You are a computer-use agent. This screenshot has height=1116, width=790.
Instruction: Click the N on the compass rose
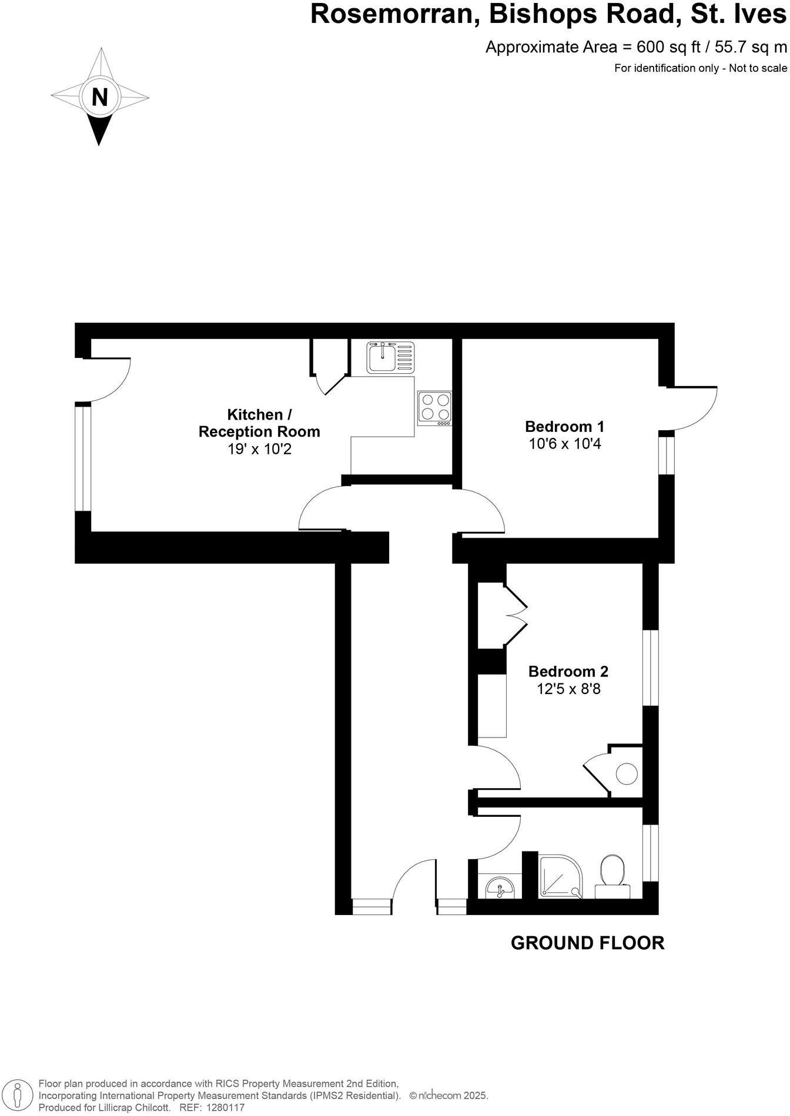100,97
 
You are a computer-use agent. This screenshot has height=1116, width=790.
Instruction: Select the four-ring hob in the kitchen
435,408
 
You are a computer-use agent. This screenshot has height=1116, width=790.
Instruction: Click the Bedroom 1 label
564,426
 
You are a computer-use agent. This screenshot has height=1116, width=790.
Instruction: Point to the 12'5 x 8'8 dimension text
568,688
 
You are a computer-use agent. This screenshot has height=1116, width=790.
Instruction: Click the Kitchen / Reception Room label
259,423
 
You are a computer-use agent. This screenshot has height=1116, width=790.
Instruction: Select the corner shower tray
561,876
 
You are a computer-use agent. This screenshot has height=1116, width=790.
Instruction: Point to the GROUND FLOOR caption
587,943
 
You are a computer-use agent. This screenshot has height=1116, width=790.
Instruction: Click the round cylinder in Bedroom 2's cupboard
627,773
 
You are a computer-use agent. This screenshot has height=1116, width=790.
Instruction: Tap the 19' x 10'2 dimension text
259,450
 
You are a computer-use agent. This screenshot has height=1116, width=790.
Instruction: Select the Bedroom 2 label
568,671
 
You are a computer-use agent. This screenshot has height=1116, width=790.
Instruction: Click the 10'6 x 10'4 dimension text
565,444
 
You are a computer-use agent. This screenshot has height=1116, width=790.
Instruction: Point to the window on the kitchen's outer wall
83,458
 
